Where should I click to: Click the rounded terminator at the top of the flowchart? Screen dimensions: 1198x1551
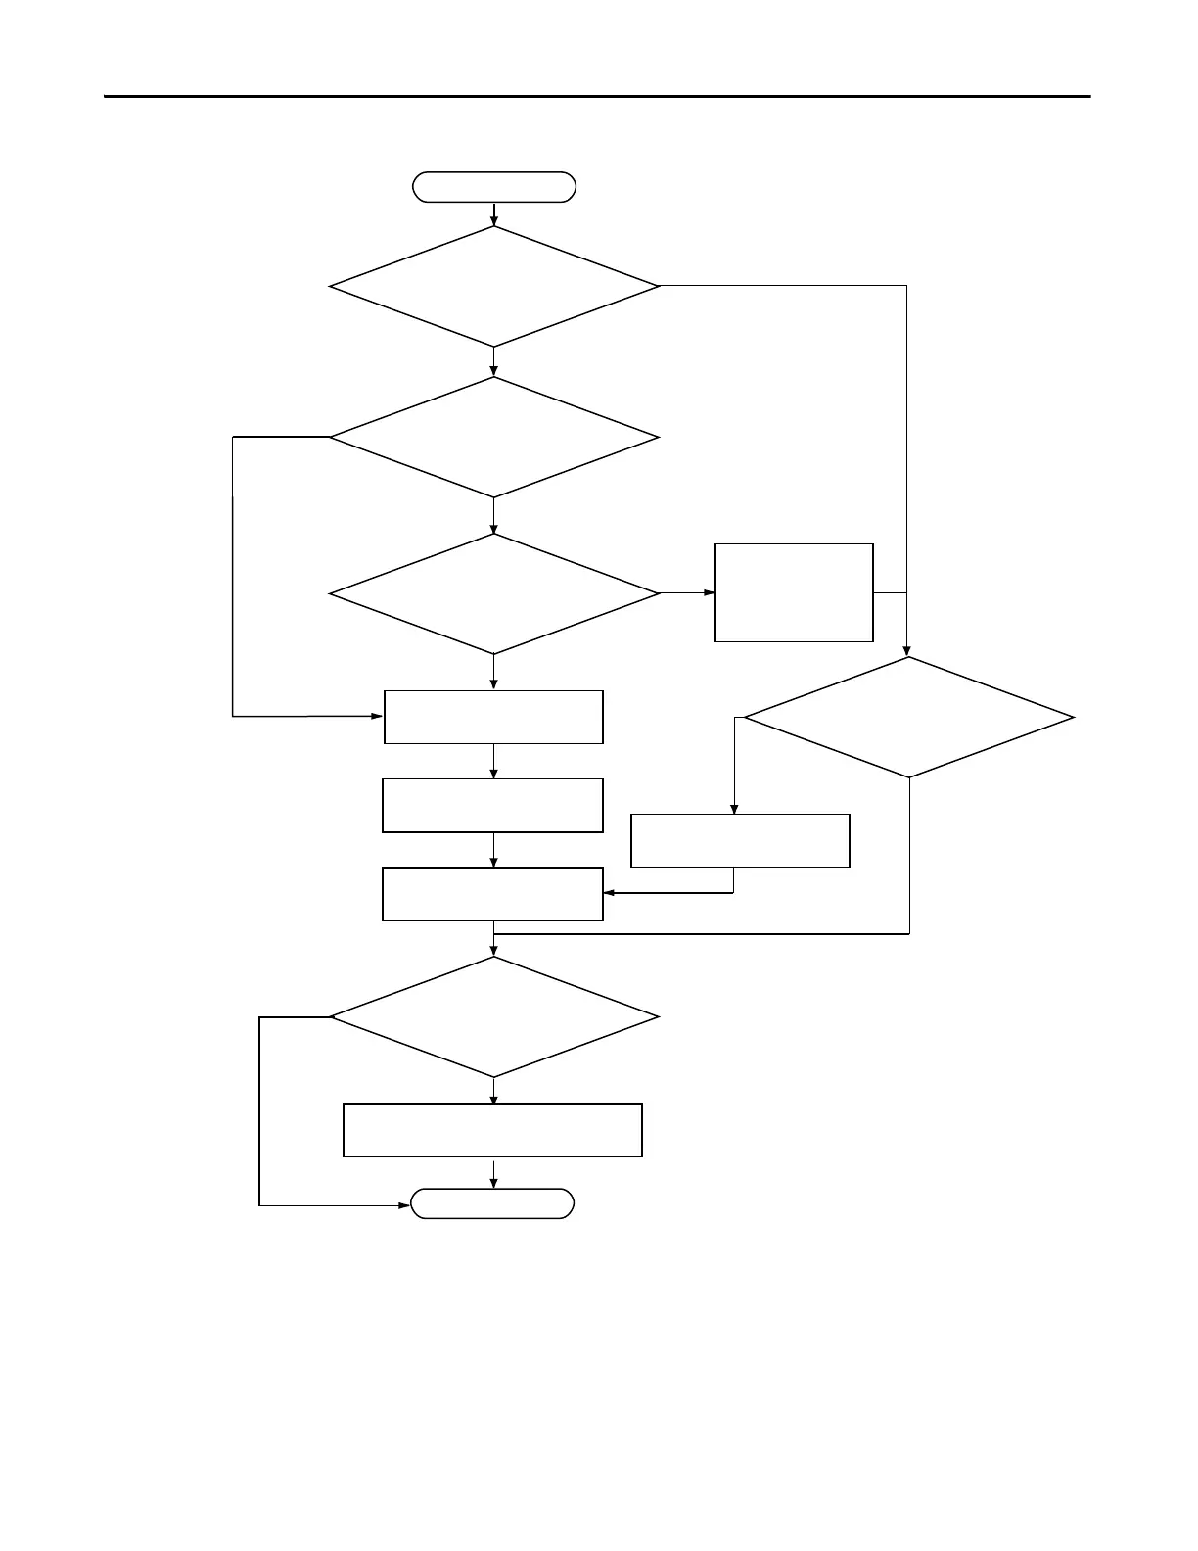coord(494,187)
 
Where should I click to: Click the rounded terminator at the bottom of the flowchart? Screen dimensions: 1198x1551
coord(492,1203)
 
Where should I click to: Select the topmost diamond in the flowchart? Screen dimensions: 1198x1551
coord(494,286)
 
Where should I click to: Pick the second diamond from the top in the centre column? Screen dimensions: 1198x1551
coord(494,438)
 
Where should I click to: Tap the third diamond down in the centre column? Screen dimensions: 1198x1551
coord(494,593)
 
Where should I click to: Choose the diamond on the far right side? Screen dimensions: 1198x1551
coord(909,718)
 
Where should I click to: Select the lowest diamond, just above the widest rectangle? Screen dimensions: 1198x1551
coord(494,1017)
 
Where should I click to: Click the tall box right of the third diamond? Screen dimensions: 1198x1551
coord(794,592)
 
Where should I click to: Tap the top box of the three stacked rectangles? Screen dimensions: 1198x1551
coord(493,718)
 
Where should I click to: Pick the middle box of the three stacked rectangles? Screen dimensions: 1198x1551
coord(492,806)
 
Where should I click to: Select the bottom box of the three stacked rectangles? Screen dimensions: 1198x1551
coord(492,894)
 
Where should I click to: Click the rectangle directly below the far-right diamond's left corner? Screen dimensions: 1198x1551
coord(740,840)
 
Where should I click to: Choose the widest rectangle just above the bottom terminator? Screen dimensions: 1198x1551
coord(492,1130)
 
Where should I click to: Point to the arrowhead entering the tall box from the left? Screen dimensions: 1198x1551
coord(710,592)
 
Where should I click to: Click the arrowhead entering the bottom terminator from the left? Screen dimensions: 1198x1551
coord(404,1205)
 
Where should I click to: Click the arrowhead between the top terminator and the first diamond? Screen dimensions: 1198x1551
coord(494,220)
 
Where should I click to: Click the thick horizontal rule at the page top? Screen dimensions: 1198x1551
coord(597,96)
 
